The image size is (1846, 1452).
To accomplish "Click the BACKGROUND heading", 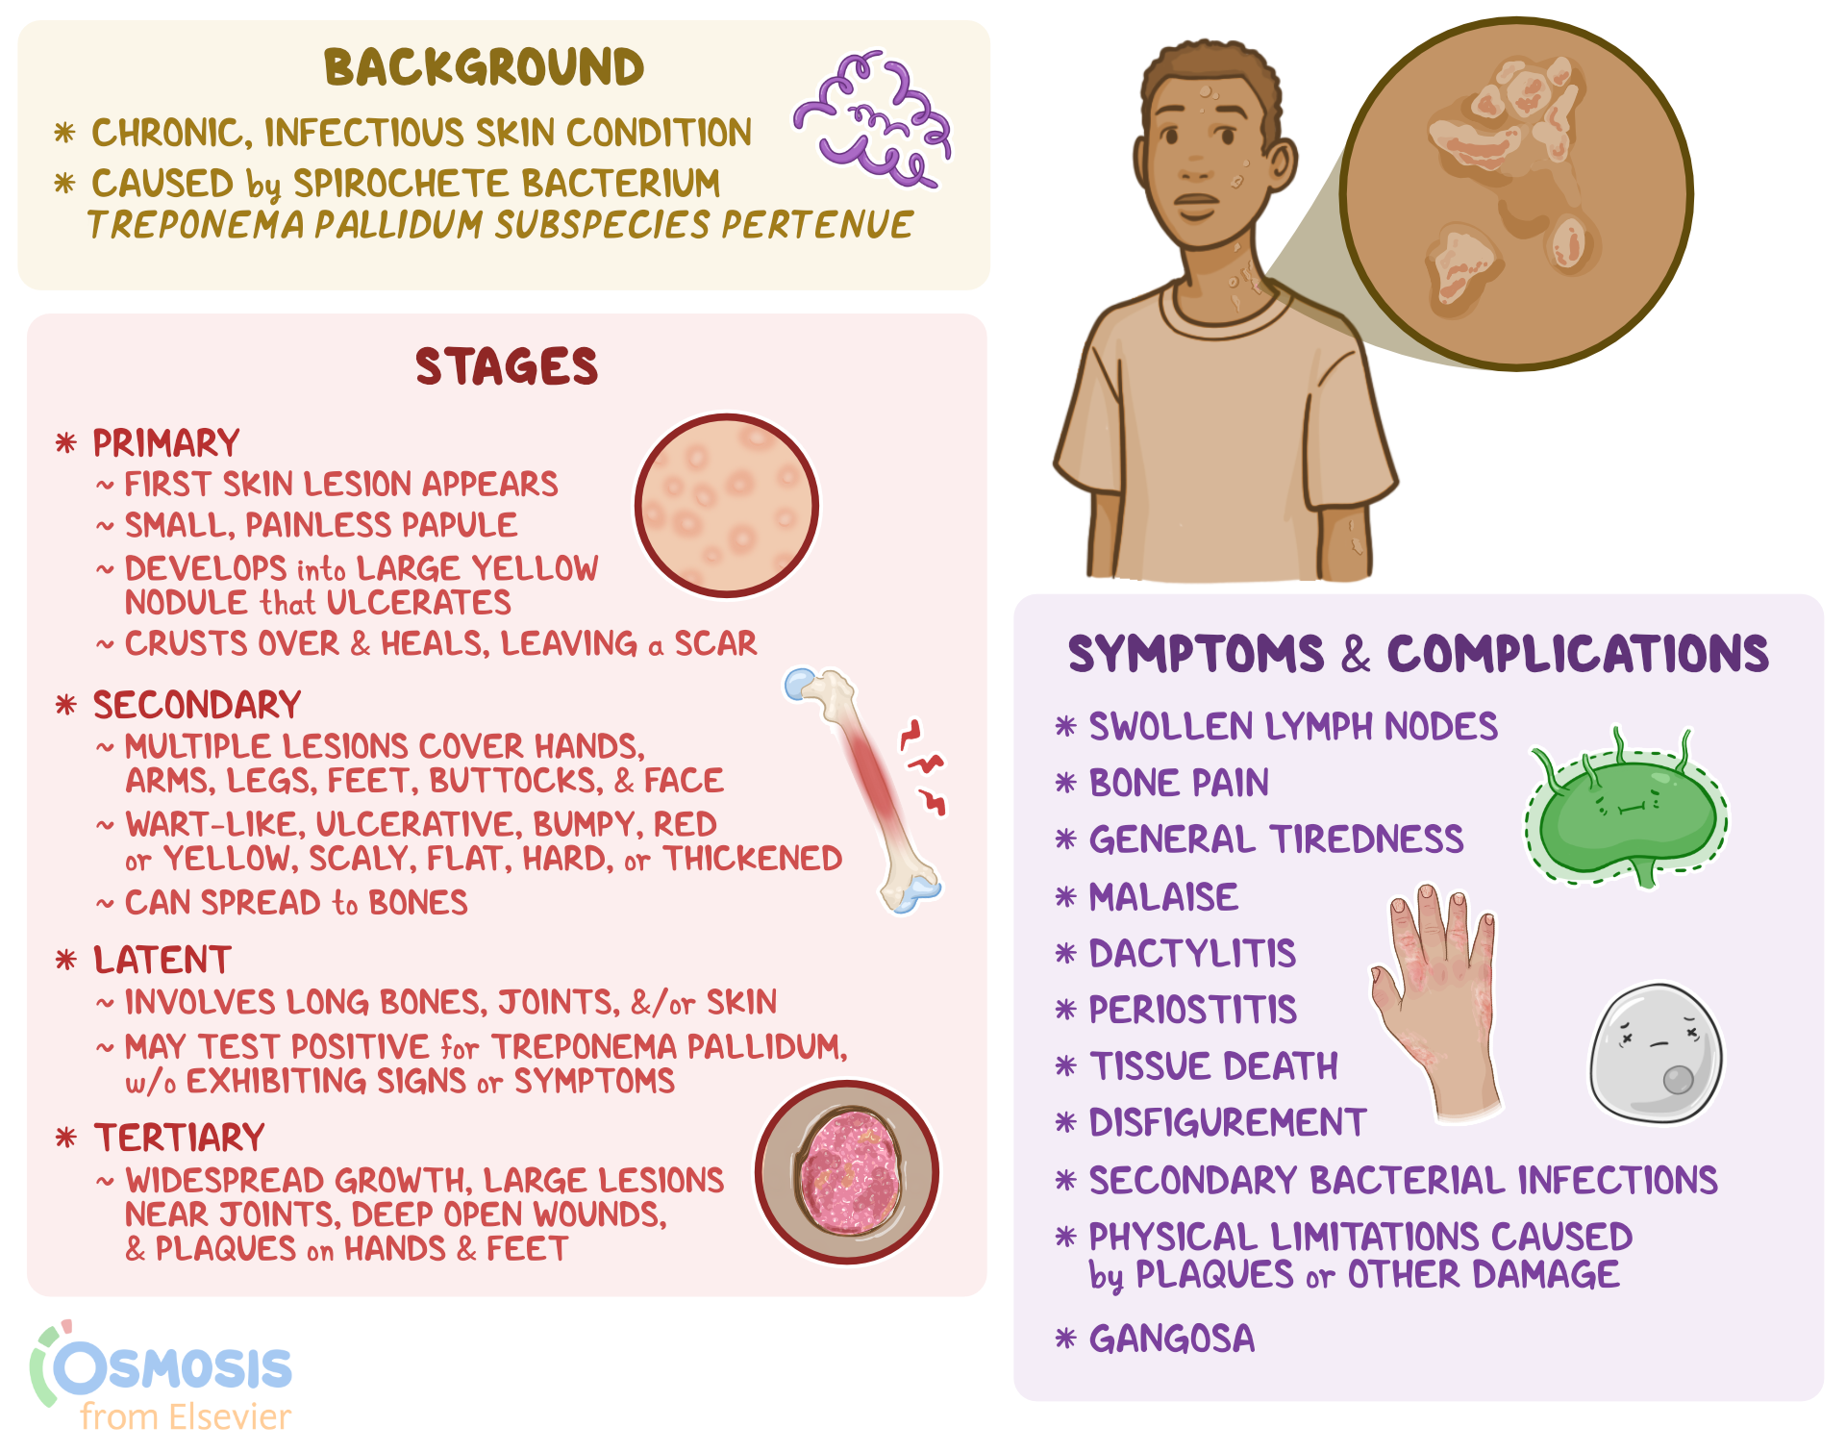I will tap(484, 67).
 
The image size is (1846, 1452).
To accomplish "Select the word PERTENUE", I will tap(817, 225).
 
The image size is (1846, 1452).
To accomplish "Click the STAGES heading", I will tap(506, 367).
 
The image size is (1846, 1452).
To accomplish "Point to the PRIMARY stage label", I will tap(165, 443).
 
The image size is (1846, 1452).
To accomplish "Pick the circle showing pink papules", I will tap(727, 506).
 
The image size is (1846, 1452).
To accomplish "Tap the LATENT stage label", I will tap(162, 960).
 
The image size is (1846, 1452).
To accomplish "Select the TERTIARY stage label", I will tap(178, 1138).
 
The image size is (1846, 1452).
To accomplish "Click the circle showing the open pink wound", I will tap(847, 1172).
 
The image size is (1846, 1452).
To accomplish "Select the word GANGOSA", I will tap(1171, 1339).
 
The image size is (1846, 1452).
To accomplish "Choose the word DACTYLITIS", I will tap(1192, 954).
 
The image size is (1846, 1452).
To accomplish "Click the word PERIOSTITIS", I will tap(1192, 1010).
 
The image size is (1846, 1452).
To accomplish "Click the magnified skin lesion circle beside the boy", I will tap(1516, 193).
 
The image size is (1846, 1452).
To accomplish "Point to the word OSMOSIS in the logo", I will tap(173, 1367).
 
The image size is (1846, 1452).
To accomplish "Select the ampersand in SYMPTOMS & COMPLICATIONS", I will tap(1355, 655).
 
